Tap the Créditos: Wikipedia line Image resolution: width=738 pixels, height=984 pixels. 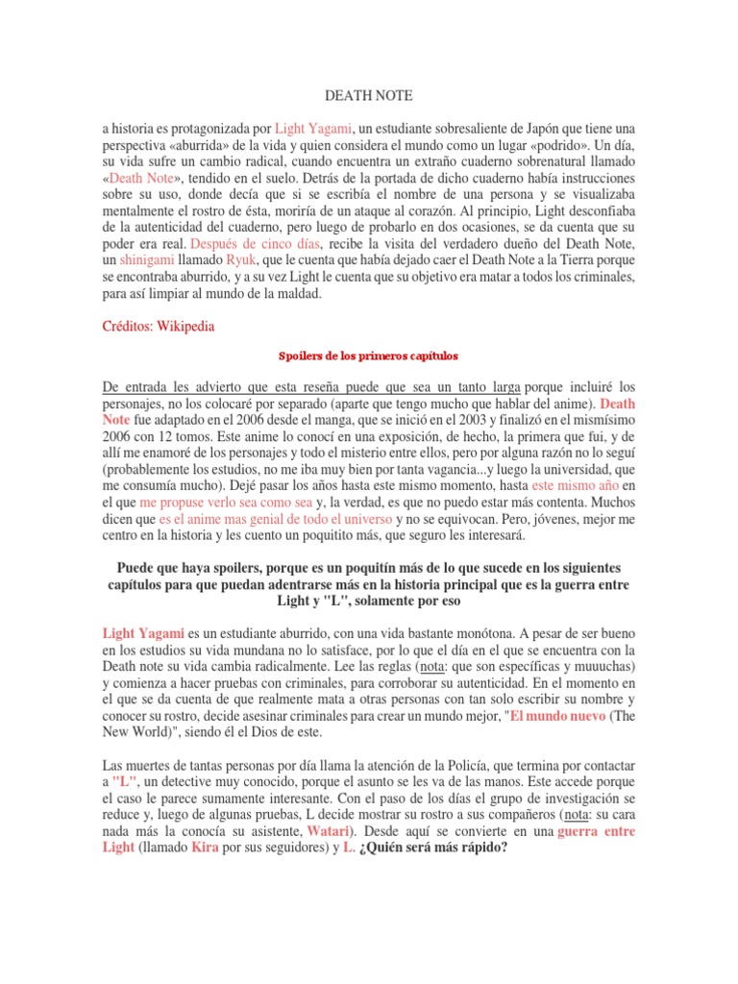tap(159, 327)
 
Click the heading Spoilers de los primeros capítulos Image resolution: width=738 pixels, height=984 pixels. tap(368, 356)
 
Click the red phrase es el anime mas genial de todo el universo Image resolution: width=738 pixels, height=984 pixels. tap(276, 520)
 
